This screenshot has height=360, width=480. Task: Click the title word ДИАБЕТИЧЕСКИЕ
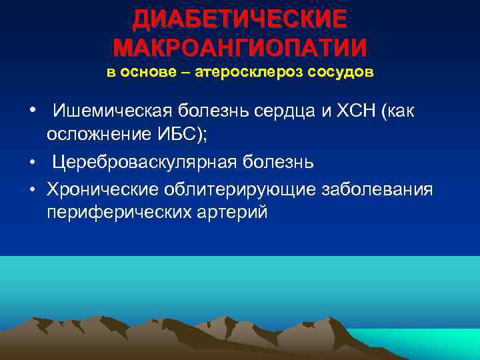pos(239,19)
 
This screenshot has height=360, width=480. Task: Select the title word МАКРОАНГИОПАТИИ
pos(239,48)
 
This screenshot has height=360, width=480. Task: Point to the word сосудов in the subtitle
pos(340,73)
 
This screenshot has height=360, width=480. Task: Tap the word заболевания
pos(377,190)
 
